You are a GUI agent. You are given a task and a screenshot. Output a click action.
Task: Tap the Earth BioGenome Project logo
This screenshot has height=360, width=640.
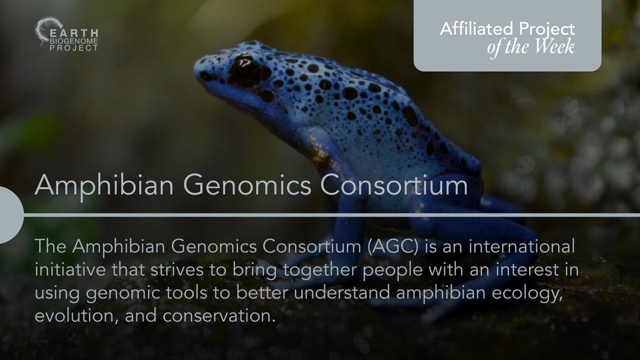(x=67, y=35)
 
